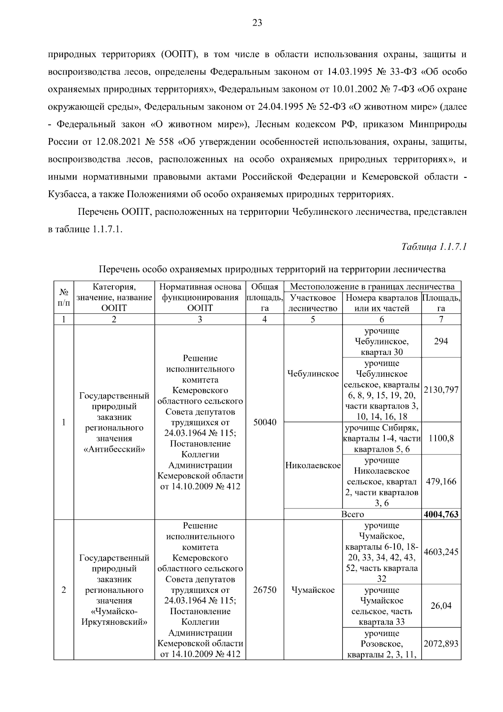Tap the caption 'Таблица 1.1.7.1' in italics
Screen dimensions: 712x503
pos(434,246)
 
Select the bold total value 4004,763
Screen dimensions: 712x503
pos(441,514)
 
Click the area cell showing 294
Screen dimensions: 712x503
pos(441,341)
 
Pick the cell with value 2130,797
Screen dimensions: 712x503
pos(441,390)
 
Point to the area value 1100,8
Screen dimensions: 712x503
pos(441,438)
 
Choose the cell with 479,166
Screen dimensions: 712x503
pos(441,482)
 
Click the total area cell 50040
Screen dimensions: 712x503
pos(265,422)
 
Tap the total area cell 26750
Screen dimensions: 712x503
pos(265,590)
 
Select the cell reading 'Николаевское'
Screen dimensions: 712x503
pos(313,466)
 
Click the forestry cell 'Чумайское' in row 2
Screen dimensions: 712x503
pos(313,590)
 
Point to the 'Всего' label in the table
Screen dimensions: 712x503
pos(352,514)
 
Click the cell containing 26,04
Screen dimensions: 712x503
pos(441,606)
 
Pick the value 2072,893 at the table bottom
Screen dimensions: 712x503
pos(441,644)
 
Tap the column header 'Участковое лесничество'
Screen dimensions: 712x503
pos(313,303)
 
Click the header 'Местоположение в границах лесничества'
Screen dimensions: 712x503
pos(372,287)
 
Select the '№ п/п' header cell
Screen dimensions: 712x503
pos(64,297)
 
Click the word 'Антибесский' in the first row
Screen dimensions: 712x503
pos(114,450)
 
